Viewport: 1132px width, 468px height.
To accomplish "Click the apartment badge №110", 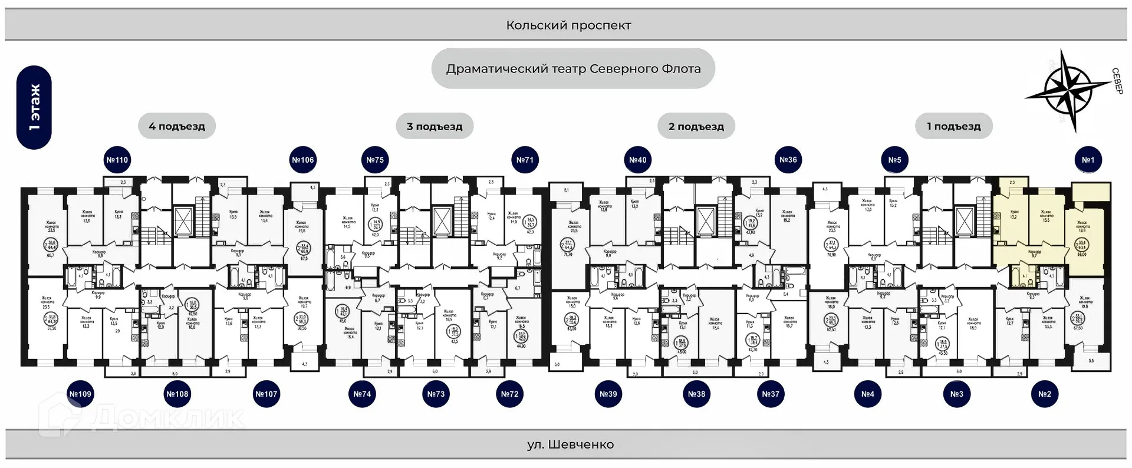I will [x=117, y=160].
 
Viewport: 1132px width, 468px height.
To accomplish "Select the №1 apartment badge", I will [x=1088, y=160].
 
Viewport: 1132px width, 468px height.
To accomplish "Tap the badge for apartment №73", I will [x=436, y=394].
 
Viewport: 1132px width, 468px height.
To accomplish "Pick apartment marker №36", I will [x=788, y=160].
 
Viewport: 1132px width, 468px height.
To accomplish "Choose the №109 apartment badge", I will [x=81, y=394].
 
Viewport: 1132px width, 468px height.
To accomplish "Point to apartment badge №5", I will [x=894, y=160].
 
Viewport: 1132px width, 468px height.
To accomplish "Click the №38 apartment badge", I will [x=696, y=394].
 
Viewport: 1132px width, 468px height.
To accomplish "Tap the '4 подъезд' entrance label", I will [x=177, y=126].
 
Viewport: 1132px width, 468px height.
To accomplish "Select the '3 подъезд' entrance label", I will [x=435, y=126].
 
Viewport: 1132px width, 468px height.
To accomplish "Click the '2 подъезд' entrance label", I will [x=696, y=126].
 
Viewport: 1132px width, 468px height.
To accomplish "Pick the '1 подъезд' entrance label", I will [x=953, y=126].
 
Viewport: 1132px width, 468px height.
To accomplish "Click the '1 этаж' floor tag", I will [x=34, y=107].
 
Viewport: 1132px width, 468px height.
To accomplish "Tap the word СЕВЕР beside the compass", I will [x=1117, y=81].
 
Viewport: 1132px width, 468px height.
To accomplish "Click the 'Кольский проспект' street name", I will [x=568, y=25].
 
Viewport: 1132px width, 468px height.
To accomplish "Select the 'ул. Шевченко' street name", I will [x=570, y=444].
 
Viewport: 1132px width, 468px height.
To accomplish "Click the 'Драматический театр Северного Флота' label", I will [x=573, y=69].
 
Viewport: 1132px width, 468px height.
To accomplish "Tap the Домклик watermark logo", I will [x=141, y=417].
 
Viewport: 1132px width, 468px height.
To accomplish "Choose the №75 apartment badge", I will [x=375, y=160].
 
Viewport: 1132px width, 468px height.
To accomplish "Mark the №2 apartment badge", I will [x=1044, y=394].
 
